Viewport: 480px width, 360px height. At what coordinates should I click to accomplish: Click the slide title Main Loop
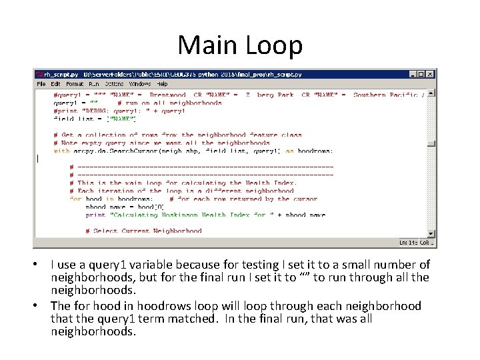pyautogui.click(x=240, y=45)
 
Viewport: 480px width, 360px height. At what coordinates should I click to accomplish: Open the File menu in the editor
pyautogui.click(x=41, y=84)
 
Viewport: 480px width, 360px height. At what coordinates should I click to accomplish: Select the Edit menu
pyautogui.click(x=55, y=84)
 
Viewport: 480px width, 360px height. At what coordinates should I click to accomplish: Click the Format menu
pyautogui.click(x=74, y=84)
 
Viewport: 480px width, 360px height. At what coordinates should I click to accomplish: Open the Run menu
pyautogui.click(x=93, y=84)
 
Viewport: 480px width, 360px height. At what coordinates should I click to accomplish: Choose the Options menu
pyautogui.click(x=114, y=84)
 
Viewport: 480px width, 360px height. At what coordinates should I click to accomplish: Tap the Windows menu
pyautogui.click(x=139, y=84)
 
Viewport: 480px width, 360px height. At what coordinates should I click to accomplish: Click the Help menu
pyautogui.click(x=162, y=84)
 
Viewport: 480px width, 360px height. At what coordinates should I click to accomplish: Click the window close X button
pyautogui.click(x=431, y=75)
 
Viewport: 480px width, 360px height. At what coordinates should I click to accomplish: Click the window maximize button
pyautogui.click(x=422, y=75)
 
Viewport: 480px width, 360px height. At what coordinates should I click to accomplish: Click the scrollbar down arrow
pyautogui.click(x=431, y=233)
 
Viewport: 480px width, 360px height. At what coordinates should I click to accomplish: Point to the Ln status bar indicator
pyautogui.click(x=409, y=243)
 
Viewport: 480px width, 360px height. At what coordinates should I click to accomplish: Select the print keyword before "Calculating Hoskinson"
pyautogui.click(x=95, y=215)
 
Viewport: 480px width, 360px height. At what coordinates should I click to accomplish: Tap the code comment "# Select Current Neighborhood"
pyautogui.click(x=143, y=231)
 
